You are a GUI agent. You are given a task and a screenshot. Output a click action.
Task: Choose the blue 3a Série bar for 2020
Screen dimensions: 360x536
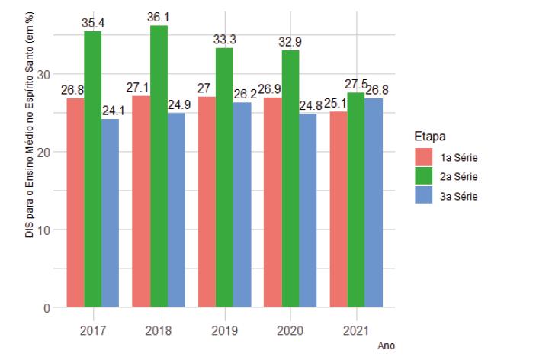[x=308, y=211]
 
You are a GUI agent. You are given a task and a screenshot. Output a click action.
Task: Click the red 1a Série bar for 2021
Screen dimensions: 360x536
[x=338, y=209]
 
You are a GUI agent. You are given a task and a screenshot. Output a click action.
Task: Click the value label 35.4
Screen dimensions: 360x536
[x=93, y=23]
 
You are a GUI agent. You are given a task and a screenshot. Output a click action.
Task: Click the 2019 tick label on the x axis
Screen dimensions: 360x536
[x=224, y=331]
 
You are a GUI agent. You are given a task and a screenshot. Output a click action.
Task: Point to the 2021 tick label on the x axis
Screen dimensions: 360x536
[x=356, y=331]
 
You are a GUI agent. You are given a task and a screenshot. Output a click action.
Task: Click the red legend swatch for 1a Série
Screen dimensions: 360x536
[x=424, y=158]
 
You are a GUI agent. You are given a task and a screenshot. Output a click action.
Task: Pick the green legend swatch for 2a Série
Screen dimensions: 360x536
[x=424, y=177]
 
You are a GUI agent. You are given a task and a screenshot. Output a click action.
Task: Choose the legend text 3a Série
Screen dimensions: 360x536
[x=459, y=196]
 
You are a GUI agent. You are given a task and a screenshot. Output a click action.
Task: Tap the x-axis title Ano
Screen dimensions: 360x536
[x=387, y=346]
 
